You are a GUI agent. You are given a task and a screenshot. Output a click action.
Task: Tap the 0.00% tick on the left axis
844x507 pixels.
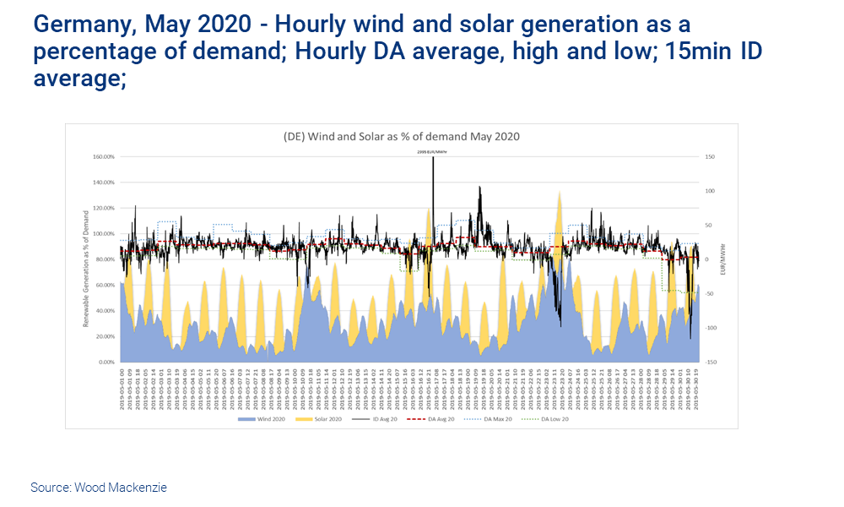click(x=105, y=362)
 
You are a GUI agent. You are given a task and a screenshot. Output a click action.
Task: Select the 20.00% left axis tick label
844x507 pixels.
click(x=104, y=336)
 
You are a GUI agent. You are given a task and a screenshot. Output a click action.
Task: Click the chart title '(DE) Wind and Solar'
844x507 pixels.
click(x=402, y=136)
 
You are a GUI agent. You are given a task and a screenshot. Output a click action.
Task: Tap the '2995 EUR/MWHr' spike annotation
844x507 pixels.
click(x=432, y=151)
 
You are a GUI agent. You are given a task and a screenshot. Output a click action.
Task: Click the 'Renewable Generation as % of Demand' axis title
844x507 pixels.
click(x=87, y=259)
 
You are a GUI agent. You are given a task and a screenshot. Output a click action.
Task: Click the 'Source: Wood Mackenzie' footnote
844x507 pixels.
click(x=99, y=488)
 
